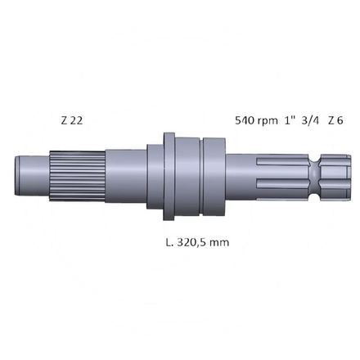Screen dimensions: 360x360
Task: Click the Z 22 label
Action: click(x=71, y=120)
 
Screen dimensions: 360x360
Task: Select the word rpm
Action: click(x=270, y=120)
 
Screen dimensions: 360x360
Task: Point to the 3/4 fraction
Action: click(x=310, y=120)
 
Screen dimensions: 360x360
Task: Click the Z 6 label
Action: click(x=335, y=120)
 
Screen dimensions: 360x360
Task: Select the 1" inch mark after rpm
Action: click(x=290, y=120)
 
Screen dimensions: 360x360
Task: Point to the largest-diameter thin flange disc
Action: click(x=169, y=175)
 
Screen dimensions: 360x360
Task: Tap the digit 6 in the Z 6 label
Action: click(x=340, y=120)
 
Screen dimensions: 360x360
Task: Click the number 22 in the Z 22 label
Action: click(x=76, y=120)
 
